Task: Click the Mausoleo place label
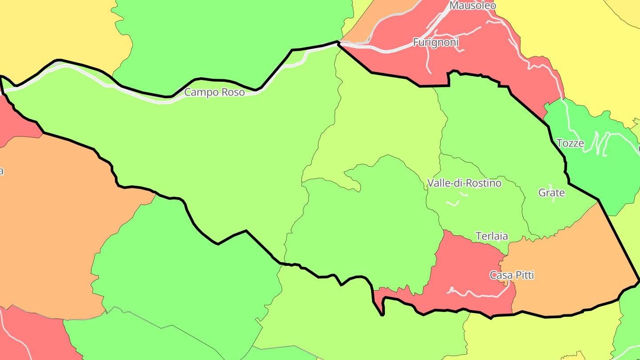pos(472,5)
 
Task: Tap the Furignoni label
pos(436,42)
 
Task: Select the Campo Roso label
pos(214,92)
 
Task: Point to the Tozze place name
pos(570,143)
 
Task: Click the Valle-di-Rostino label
pos(464,183)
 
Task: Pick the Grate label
pos(552,193)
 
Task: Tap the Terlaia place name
pos(492,236)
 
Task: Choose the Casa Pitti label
pos(512,275)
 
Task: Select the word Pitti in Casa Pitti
pos(524,275)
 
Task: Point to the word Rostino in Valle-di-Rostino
pos(482,183)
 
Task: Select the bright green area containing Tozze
pos(613,178)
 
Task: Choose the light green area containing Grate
pos(560,213)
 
